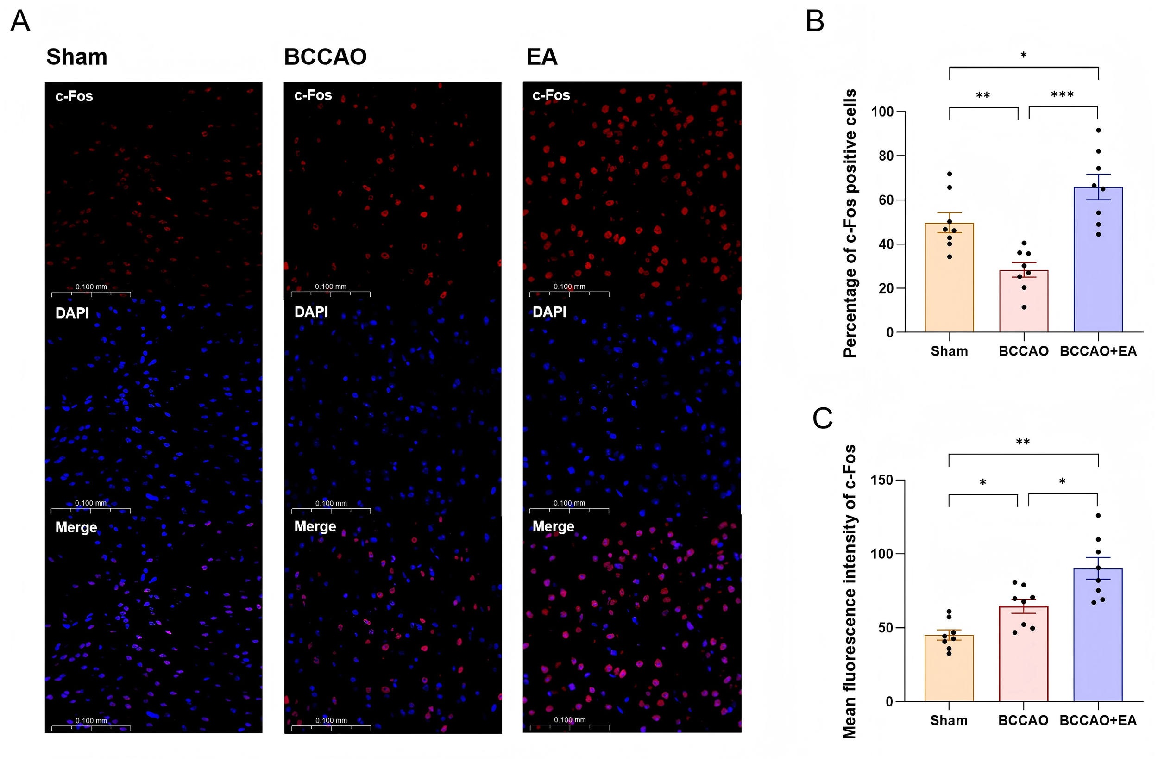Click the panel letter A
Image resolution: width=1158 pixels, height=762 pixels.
click(x=20, y=21)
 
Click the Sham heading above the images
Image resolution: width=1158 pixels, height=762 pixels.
click(x=76, y=57)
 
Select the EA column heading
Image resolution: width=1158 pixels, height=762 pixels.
click(x=541, y=57)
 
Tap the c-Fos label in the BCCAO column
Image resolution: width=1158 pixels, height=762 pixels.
click(x=313, y=95)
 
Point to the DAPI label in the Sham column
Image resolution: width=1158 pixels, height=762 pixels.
click(x=72, y=312)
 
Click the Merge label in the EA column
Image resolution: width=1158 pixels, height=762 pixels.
click(x=553, y=527)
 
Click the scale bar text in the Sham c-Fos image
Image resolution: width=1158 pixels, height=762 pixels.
click(x=91, y=287)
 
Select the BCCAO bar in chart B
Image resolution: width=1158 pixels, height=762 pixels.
click(x=1023, y=301)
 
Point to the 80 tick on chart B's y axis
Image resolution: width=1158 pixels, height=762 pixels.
click(x=886, y=156)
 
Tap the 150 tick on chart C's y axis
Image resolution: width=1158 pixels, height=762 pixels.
click(x=881, y=481)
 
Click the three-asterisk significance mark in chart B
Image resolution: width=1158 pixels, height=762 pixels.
click(x=1062, y=95)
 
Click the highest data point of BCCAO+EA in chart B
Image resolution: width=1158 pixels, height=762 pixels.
click(x=1098, y=131)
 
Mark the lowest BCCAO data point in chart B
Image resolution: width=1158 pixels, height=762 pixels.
click(x=1024, y=307)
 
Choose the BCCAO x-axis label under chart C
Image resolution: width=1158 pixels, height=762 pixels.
click(x=1023, y=720)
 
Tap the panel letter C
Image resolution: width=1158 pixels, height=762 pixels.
click(x=822, y=418)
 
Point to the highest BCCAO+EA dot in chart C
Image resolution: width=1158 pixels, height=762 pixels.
click(x=1098, y=515)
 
